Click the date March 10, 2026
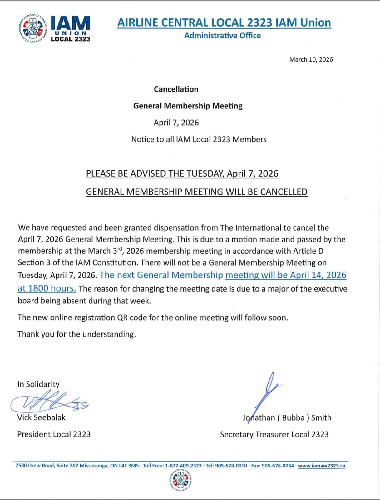click(x=311, y=59)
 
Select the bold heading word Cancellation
click(x=176, y=89)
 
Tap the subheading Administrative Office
click(x=222, y=36)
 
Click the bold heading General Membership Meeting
click(x=188, y=106)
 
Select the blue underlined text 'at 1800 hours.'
click(x=47, y=288)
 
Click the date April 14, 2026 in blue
click(x=318, y=275)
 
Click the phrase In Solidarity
click(x=38, y=384)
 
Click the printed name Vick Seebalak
click(x=41, y=417)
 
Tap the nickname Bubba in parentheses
click(x=293, y=418)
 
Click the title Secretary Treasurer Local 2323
click(x=274, y=434)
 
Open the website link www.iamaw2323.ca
click(x=321, y=466)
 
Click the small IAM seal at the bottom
click(x=180, y=480)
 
